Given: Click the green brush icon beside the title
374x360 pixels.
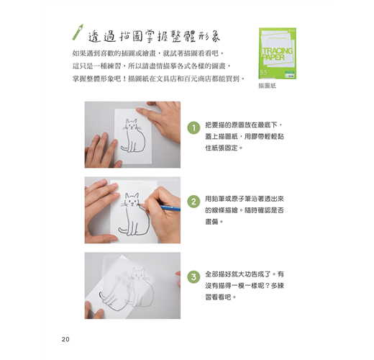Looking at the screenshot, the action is pos(78,32).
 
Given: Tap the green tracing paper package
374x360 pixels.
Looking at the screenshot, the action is pos(278,53).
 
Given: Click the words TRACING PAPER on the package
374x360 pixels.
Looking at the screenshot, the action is pos(277,54).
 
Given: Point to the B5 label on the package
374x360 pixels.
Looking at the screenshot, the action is pos(263,73).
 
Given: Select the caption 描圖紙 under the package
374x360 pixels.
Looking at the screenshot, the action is pos(268,86).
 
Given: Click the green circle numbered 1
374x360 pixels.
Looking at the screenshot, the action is pos(193,127).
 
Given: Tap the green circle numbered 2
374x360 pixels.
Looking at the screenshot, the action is pos(193,202).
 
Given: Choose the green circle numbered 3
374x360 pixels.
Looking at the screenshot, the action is pos(193,277).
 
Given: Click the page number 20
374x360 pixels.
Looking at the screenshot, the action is pos(65,339).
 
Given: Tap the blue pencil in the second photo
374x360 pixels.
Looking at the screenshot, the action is pos(170,208).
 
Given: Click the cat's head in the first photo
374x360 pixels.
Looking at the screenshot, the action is pos(131,125).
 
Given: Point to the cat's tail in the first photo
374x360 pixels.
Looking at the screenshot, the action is pos(125,148).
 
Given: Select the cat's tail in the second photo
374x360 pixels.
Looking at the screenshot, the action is pos(123,230).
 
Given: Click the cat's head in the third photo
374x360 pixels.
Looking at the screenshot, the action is pos(139,274).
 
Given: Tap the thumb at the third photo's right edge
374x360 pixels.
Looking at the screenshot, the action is pos(178,279).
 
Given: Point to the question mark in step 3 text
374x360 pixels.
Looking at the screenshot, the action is pos(267,286).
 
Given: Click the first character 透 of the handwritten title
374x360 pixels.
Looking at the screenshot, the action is pos(95,37).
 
